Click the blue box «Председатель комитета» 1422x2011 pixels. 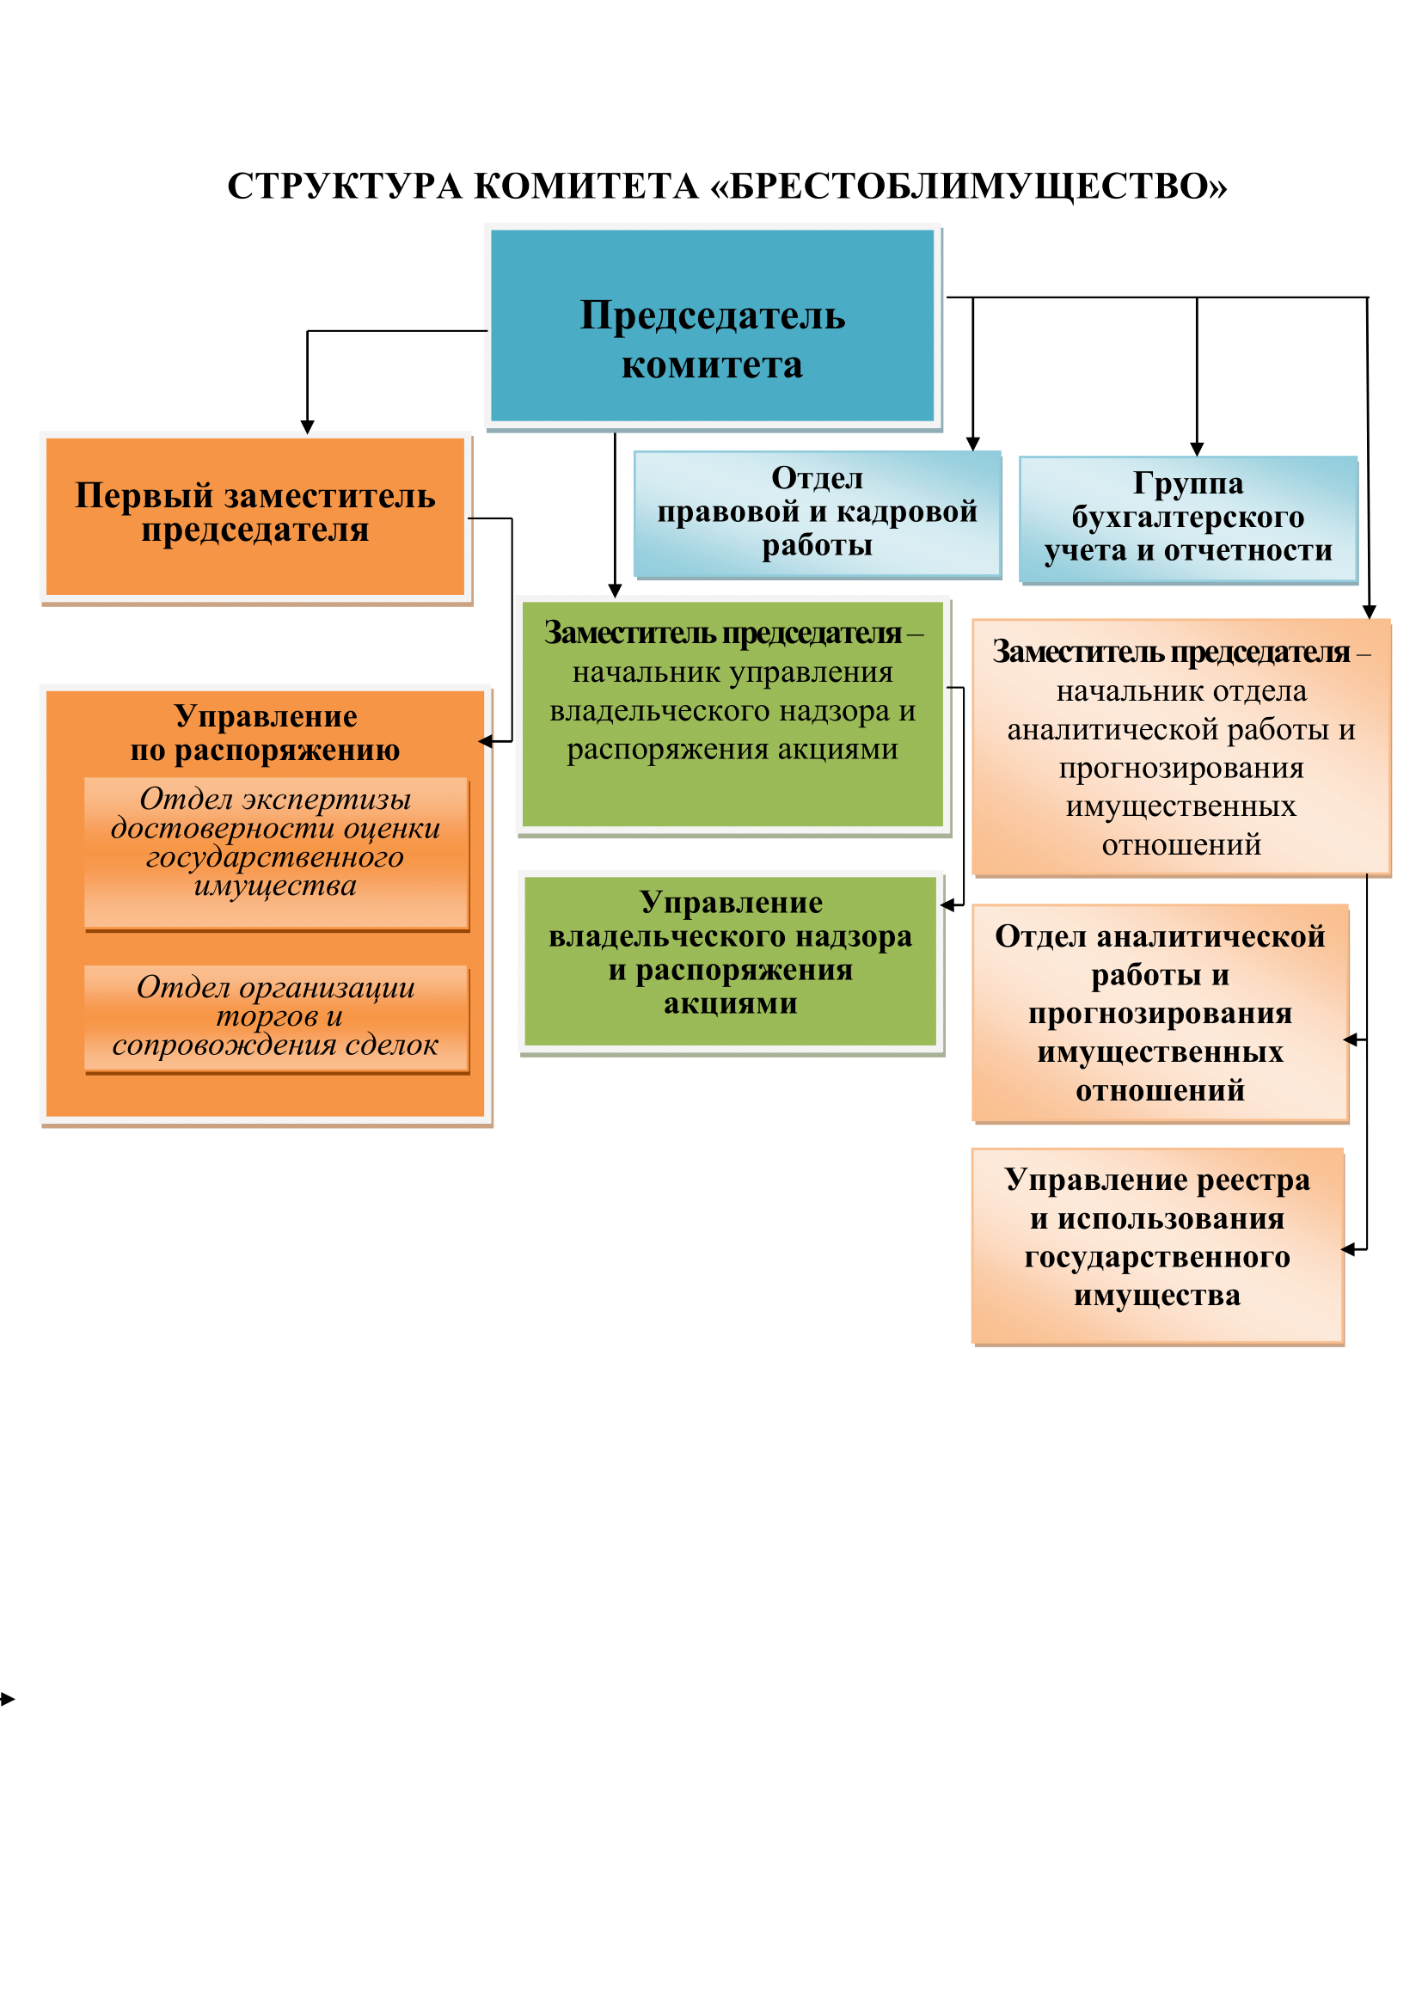pos(713,326)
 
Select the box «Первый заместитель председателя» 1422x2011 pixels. pos(255,518)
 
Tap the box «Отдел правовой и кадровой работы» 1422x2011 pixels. pos(817,513)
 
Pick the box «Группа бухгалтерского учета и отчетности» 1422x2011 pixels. pos(1188,518)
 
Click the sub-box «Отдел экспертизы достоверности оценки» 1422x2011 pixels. pos(277,852)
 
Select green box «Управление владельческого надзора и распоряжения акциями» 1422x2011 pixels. pos(731,962)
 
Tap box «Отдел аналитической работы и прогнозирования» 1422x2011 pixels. pos(1160,1014)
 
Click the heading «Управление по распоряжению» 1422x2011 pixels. pos(266,733)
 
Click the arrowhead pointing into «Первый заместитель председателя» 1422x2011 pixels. pos(307,426)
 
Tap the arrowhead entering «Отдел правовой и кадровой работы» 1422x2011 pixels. pos(973,444)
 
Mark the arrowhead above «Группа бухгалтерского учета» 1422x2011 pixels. pos(1197,450)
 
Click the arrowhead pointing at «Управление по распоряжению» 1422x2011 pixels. pos(485,741)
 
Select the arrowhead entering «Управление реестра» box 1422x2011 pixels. pos(1349,1249)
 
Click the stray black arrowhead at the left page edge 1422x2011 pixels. pos(7,1699)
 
